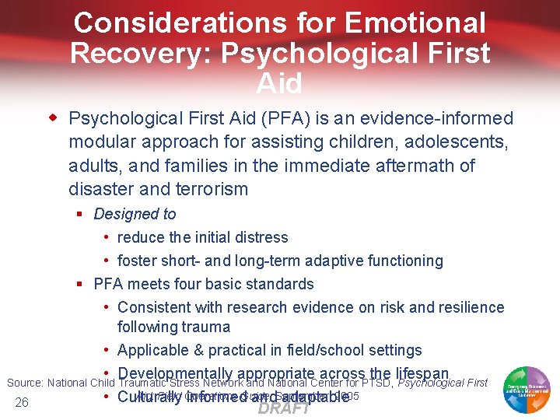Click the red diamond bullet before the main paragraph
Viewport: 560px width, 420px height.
pos(54,118)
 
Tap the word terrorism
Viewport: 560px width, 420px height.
pos(212,189)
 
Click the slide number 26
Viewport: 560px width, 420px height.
pos(21,402)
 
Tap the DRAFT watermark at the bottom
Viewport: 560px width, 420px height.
pos(283,408)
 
